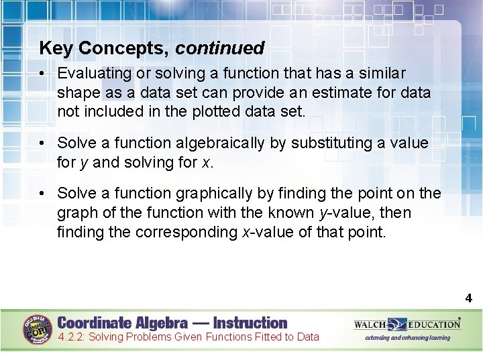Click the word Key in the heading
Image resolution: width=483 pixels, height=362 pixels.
click(54, 48)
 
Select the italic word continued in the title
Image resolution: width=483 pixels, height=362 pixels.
click(220, 48)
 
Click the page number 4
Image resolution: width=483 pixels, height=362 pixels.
click(469, 299)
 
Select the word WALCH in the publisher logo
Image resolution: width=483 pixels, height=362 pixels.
click(370, 324)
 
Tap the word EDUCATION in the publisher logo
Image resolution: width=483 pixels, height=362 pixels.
click(433, 324)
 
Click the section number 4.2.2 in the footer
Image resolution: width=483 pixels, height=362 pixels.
click(71, 337)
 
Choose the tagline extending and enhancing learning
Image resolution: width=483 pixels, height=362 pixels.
click(407, 338)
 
